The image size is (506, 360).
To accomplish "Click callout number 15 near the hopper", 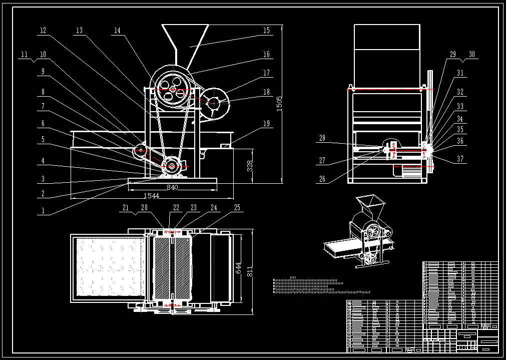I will pyautogui.click(x=266, y=31).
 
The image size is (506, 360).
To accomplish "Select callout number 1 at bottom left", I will pyautogui.click(x=43, y=211).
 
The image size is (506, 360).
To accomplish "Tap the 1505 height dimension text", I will pyautogui.click(x=280, y=104).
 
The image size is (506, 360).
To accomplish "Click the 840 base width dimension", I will pyautogui.click(x=172, y=187).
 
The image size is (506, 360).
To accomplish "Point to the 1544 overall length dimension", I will pyautogui.click(x=151, y=196).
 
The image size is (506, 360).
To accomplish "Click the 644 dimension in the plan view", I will pyautogui.click(x=239, y=268).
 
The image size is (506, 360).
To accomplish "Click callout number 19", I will pyautogui.click(x=266, y=123).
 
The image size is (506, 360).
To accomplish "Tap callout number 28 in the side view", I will pyautogui.click(x=322, y=138).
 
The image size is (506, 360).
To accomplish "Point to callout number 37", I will pyautogui.click(x=460, y=160).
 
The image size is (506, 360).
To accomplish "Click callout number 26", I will pyautogui.click(x=322, y=179).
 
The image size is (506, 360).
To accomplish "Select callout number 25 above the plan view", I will pyautogui.click(x=237, y=207).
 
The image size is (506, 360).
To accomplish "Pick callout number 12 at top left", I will pyautogui.click(x=43, y=31).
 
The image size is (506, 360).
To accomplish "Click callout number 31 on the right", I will pyautogui.click(x=460, y=73).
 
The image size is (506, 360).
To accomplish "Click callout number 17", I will pyautogui.click(x=266, y=73).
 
